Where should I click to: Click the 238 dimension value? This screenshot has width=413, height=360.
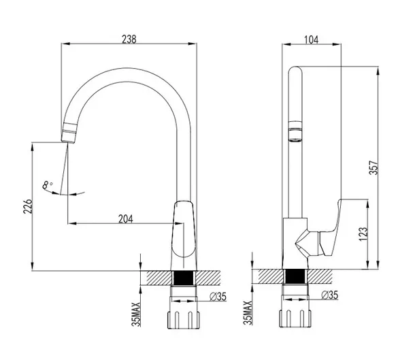pos(129,39)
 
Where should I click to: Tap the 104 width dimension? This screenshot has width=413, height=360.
pos(312,39)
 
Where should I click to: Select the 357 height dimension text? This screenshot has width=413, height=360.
pos(374,167)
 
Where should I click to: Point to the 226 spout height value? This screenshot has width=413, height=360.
pos(28,206)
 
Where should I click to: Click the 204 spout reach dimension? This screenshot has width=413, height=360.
pos(126,219)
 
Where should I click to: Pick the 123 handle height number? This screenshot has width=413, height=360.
pos(363,233)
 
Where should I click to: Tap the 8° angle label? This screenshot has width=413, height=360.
pos(47,185)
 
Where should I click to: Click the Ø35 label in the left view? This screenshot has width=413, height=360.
pos(218,297)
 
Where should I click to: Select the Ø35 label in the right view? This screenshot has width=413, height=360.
pos(329,295)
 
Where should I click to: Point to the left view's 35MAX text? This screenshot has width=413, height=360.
pos(136,314)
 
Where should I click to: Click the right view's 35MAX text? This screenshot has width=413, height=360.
pos(248,312)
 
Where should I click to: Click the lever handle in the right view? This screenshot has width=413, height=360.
pos(330,228)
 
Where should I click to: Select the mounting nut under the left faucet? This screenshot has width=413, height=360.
pos(184,320)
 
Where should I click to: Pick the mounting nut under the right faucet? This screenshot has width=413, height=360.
pos(295,318)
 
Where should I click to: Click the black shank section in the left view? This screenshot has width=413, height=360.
pos(184,278)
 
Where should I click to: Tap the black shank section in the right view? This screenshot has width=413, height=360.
pos(295,276)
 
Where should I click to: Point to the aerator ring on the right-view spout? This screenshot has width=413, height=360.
pos(295,131)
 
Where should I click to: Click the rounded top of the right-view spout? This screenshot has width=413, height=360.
pos(295,70)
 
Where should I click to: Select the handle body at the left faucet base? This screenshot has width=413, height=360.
pos(184,229)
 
